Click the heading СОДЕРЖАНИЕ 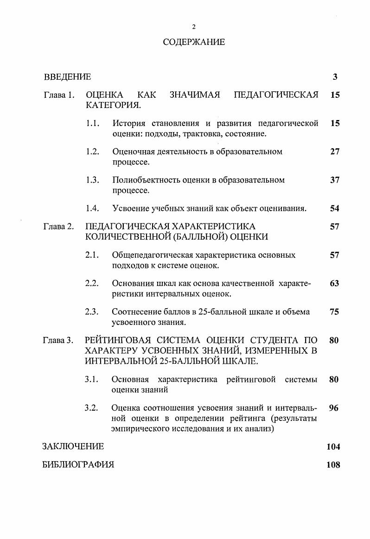(194, 42)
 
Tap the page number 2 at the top (194, 27)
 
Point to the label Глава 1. (59, 95)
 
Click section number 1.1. (92, 123)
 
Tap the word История (129, 123)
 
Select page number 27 (335, 152)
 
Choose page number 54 (335, 209)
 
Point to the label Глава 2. (59, 227)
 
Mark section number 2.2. (92, 284)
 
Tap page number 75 (334, 312)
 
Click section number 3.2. (91, 408)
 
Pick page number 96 (334, 408)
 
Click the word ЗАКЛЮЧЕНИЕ (73, 447)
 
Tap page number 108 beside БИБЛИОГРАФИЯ (333, 465)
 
